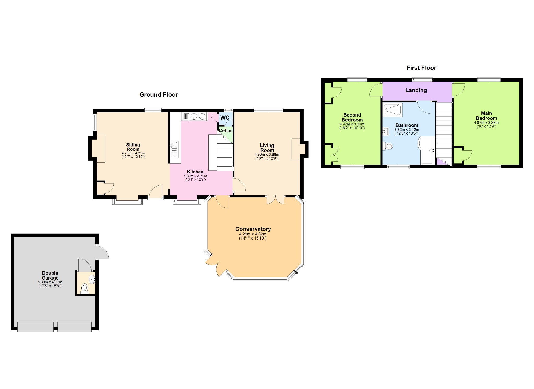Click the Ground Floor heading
pos(159,95)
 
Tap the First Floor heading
pos(421,68)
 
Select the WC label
pos(225,118)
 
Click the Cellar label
pos(225,130)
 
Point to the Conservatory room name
pos(253,229)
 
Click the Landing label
pos(416,90)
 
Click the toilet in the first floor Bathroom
pos(388,146)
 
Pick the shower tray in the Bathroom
pos(393,110)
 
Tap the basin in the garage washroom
pos(92,279)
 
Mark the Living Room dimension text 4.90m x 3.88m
pos(267,155)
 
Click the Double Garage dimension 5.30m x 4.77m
pos(50,282)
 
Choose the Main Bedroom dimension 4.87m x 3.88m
pos(486,123)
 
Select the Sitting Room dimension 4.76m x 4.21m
pos(133,153)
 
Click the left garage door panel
pos(35,327)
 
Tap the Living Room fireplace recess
pos(296,149)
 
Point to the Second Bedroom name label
pos(352,117)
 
